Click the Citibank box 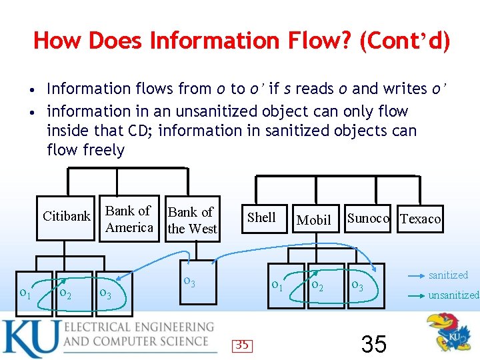point(66,216)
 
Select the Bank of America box point(129,219)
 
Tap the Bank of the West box point(192,220)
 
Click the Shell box point(261,217)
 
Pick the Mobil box point(313,219)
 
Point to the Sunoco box point(368,218)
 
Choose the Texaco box point(420,219)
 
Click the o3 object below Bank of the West point(190,283)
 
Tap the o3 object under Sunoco point(358,286)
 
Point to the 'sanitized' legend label point(448,275)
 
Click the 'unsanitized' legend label point(453,295)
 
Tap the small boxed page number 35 point(242,345)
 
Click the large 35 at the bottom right point(373,344)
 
